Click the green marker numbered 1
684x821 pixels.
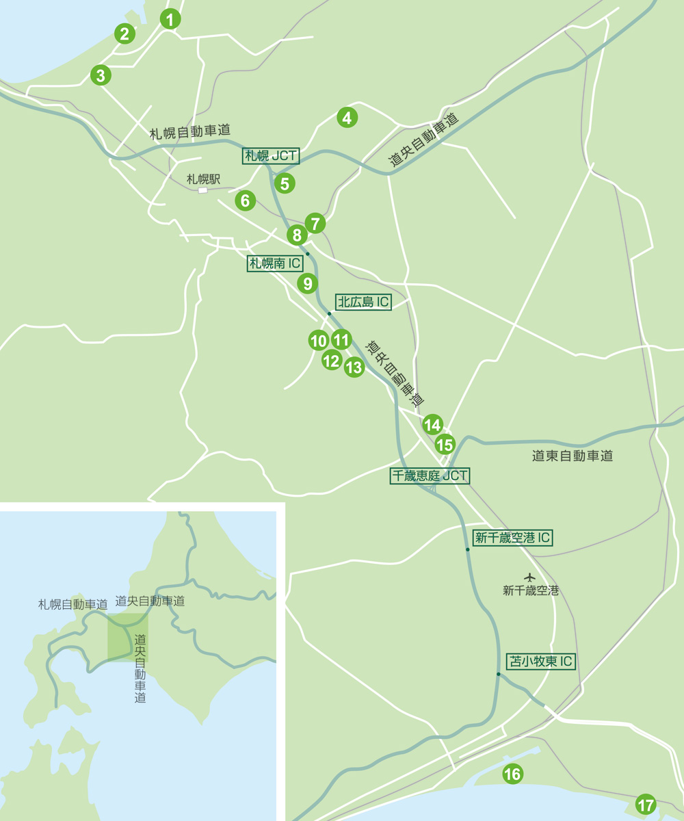click(x=170, y=19)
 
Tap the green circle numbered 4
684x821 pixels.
click(x=347, y=118)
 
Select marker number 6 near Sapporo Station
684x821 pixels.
click(x=245, y=200)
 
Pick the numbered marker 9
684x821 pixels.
click(x=307, y=283)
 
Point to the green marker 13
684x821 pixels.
click(x=354, y=367)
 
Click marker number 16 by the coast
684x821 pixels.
click(x=512, y=774)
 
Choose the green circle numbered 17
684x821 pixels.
click(x=645, y=805)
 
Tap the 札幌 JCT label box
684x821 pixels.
click(x=272, y=156)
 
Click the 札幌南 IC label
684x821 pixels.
click(x=275, y=263)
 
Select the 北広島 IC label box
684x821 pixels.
click(x=363, y=302)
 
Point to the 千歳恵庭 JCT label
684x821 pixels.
click(x=430, y=476)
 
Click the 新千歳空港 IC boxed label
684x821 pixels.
click(x=512, y=538)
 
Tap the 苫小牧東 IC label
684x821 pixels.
click(x=540, y=662)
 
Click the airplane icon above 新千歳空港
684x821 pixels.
click(x=529, y=577)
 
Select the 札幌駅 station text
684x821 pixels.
click(x=204, y=179)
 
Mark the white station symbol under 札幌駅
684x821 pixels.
click(x=202, y=190)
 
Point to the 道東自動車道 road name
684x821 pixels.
click(x=572, y=456)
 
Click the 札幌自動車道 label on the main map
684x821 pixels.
click(x=189, y=133)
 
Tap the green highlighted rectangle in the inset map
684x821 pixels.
click(x=128, y=637)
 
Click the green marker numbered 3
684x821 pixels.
click(x=101, y=75)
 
